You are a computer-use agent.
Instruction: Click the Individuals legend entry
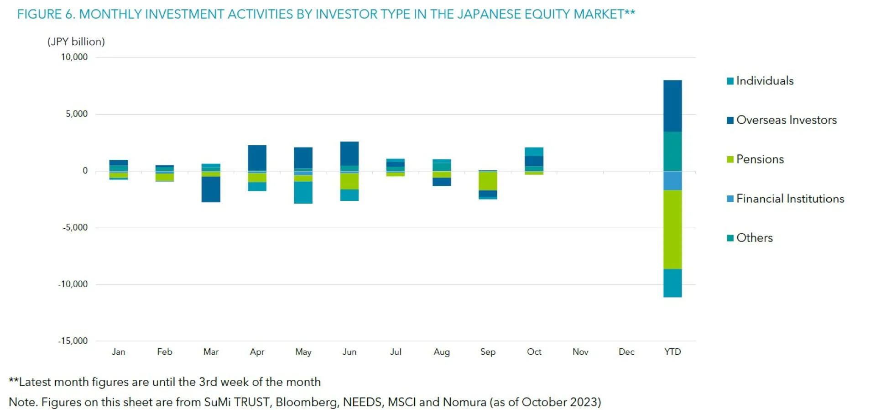pos(764,81)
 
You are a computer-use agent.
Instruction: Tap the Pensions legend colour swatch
pos(730,159)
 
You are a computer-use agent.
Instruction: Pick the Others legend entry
pos(754,238)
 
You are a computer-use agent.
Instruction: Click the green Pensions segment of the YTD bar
pos(673,230)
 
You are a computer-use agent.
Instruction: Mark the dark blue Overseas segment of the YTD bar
pos(673,106)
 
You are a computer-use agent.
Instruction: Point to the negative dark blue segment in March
pos(211,189)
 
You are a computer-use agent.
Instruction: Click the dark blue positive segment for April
pos(257,158)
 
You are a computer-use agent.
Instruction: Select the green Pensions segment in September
pos(488,181)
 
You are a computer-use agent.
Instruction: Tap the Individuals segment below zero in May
pos(303,192)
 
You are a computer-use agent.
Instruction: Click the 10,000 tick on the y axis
pos(74,57)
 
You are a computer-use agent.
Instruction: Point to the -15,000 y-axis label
pos(73,341)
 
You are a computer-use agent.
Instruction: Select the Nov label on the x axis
pos(580,352)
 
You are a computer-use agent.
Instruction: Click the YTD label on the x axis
pos(673,352)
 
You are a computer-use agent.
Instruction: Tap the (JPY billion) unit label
pos(76,42)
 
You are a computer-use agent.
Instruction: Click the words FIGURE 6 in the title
pos(46,14)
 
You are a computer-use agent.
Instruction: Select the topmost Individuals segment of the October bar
pos(534,152)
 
